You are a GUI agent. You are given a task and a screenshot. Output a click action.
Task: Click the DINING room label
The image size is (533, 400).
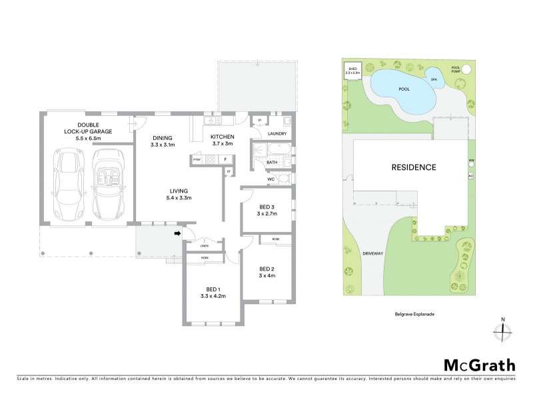point(163,140)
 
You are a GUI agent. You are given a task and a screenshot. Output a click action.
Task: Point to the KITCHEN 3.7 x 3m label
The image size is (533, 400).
point(223,140)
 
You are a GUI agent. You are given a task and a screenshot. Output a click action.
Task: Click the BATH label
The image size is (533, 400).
point(272,162)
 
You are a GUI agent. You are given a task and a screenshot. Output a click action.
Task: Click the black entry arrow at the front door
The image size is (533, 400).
point(178,233)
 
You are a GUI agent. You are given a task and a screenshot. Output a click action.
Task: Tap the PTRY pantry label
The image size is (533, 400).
point(197,160)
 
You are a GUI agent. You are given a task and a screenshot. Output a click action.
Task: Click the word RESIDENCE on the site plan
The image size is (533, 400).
point(413,167)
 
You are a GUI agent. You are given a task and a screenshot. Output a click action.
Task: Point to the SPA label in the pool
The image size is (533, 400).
point(434,79)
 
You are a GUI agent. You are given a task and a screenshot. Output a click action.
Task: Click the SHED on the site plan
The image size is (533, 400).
point(351,70)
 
